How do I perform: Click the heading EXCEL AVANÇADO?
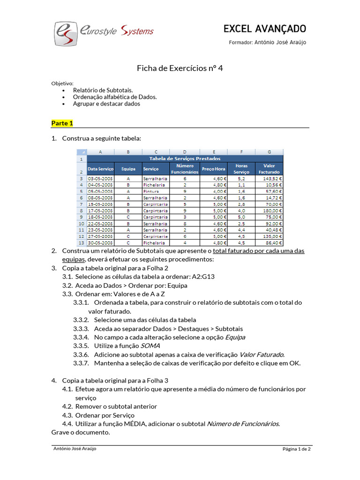pyautogui.click(x=265, y=29)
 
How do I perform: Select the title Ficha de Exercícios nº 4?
pyautogui.click(x=180, y=68)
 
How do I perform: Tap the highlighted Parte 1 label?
pyautogui.click(x=62, y=123)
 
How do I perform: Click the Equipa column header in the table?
pyautogui.click(x=128, y=168)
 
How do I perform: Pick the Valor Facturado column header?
pyautogui.click(x=269, y=168)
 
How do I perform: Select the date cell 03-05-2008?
pyautogui.click(x=100, y=179)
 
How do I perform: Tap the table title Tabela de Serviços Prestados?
pyautogui.click(x=185, y=158)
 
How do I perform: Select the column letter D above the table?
pyautogui.click(x=185, y=152)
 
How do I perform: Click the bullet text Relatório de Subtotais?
pyautogui.click(x=103, y=90)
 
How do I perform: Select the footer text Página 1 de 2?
pyautogui.click(x=296, y=449)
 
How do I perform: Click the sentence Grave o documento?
pyautogui.click(x=81, y=432)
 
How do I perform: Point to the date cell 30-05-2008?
pyautogui.click(x=100, y=243)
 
